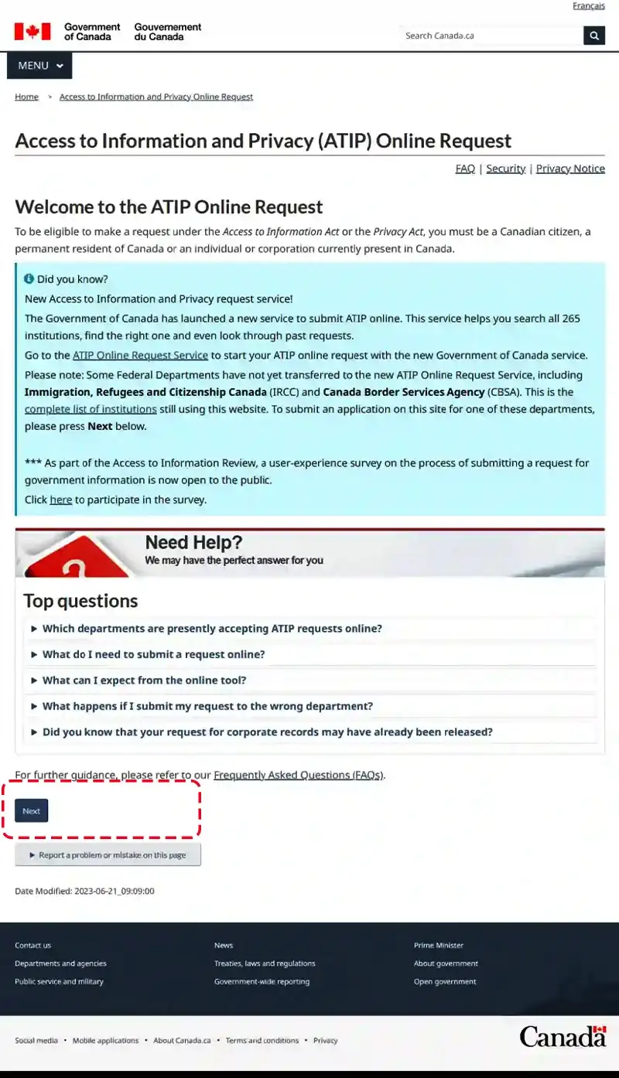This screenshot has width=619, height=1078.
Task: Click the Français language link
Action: point(588,6)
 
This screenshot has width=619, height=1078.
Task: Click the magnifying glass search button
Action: point(594,36)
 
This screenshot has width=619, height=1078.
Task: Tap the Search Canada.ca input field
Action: point(491,36)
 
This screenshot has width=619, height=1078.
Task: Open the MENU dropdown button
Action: point(39,66)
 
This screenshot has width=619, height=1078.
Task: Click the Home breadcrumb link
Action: point(26,97)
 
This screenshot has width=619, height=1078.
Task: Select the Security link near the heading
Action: point(505,169)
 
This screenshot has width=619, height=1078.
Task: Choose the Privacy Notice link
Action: point(570,169)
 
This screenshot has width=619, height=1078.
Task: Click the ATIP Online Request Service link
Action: point(140,356)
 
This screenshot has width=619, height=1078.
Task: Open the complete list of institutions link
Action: point(91,409)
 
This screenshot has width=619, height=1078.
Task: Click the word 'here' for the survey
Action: point(60,500)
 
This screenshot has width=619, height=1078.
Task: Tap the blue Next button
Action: point(32,810)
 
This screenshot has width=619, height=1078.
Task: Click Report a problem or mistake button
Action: point(108,855)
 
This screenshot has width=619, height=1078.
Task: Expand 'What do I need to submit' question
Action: point(153,654)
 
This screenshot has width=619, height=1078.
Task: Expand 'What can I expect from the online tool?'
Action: point(144,681)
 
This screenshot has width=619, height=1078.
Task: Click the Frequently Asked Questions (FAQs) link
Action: point(298,775)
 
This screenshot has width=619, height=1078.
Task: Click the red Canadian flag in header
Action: point(32,32)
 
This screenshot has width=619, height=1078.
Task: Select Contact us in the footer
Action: point(32,945)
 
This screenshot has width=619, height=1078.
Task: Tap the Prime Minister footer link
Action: point(439,945)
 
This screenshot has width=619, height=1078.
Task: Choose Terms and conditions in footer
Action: point(262,1041)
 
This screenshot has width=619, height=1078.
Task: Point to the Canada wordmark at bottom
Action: point(563,1036)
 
